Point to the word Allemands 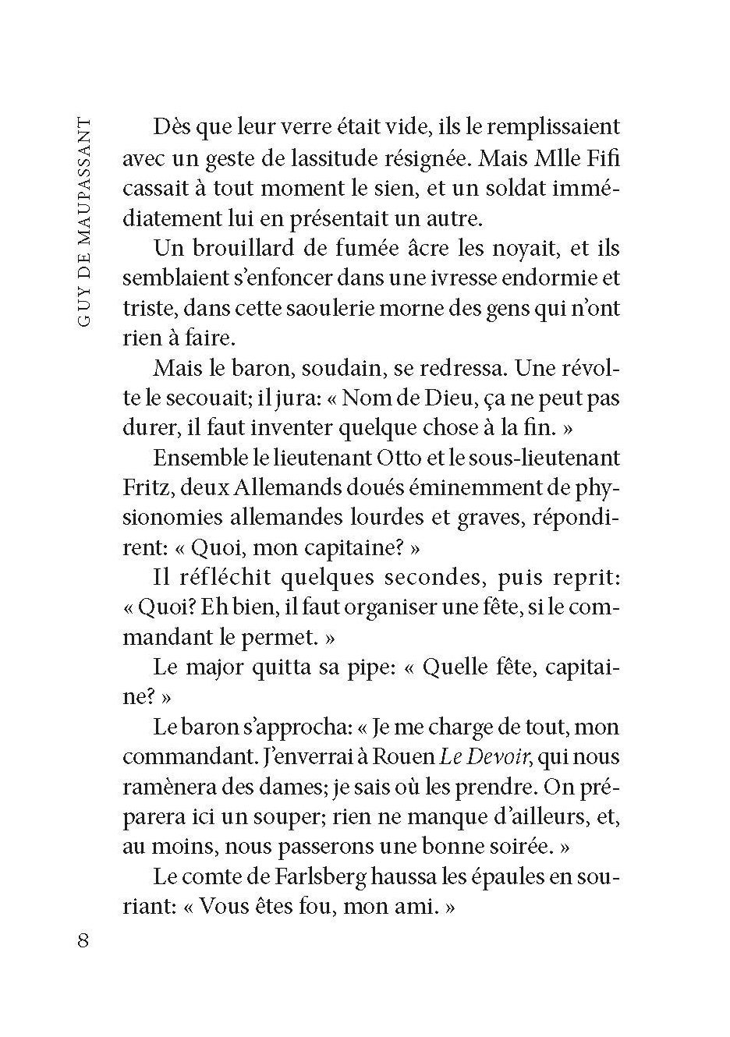[x=268, y=488]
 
